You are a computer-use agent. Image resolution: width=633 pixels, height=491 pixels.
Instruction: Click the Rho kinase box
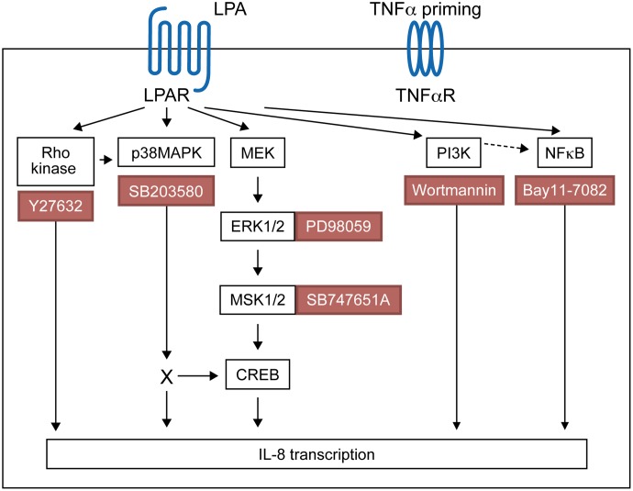56,162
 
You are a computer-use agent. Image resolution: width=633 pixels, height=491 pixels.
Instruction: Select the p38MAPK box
166,152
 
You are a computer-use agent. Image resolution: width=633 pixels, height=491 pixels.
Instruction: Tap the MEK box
258,152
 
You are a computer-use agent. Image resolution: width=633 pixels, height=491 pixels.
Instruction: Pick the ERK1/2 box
258,226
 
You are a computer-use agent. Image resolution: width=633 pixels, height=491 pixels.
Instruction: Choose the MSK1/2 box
258,299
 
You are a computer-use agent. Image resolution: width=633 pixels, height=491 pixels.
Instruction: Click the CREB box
258,374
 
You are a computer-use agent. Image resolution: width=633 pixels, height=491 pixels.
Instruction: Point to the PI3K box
454,152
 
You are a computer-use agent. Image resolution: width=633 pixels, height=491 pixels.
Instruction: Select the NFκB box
565,152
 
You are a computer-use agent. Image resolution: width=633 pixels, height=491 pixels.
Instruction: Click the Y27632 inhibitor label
56,206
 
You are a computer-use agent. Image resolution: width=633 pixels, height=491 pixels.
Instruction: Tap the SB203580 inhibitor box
166,191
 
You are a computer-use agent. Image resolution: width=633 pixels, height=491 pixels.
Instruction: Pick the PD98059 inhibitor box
339,226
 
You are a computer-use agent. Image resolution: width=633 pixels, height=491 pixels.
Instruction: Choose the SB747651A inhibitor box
349,299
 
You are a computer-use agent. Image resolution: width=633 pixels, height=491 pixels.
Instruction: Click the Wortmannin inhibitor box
454,190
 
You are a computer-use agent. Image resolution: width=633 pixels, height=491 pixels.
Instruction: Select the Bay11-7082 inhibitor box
565,190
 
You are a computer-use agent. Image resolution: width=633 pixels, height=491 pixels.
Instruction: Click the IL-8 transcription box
316,454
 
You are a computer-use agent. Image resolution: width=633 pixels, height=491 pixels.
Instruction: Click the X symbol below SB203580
166,376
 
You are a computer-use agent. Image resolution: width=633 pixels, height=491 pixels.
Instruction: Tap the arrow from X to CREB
198,376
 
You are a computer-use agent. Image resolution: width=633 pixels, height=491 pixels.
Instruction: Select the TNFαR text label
426,95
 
